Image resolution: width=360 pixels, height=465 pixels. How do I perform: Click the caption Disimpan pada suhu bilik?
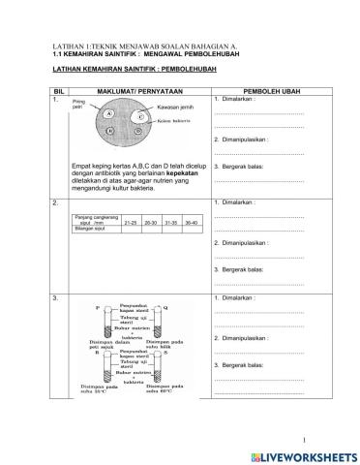click(x=165, y=344)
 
